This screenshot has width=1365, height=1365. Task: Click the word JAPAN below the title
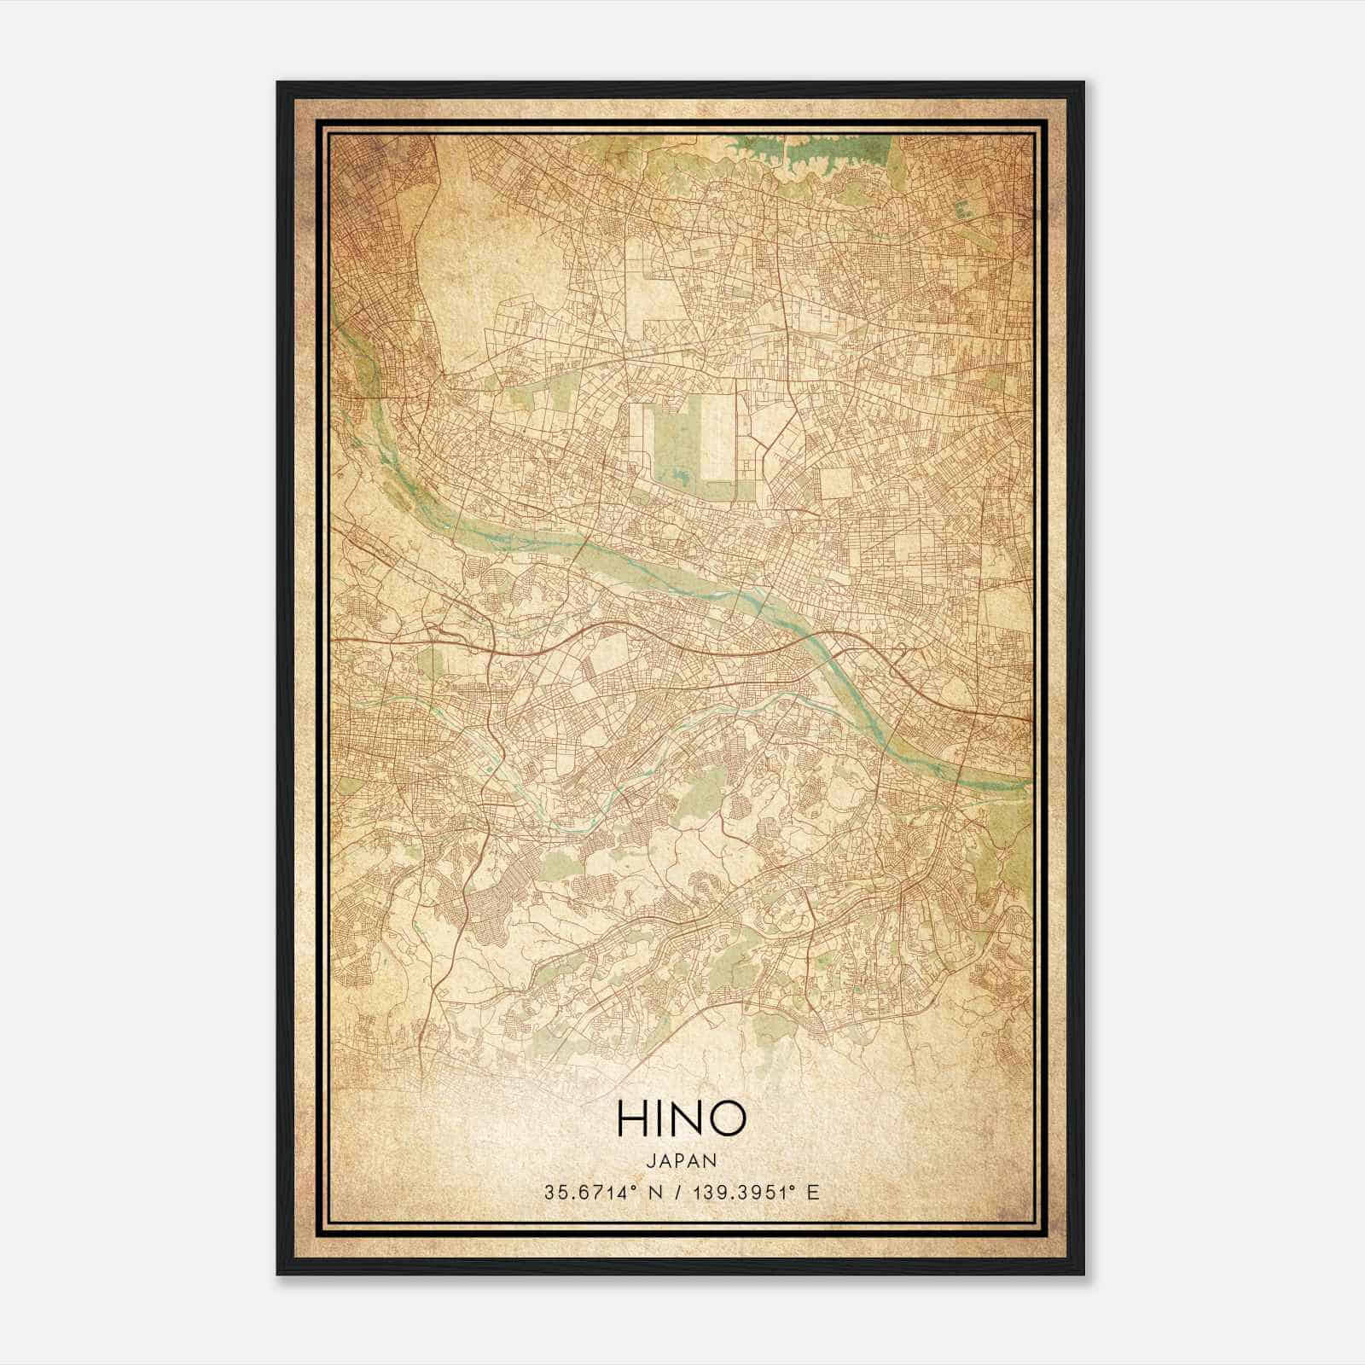tap(681, 1160)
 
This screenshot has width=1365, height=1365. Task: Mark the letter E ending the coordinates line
tap(813, 1193)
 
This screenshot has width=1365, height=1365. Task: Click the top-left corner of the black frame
tap(279, 84)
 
